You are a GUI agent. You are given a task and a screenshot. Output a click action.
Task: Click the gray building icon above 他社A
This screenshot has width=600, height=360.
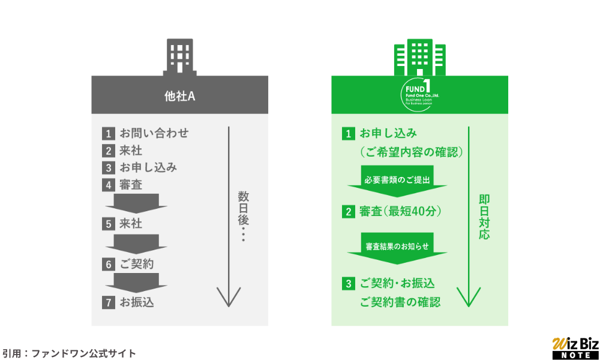[x=179, y=58]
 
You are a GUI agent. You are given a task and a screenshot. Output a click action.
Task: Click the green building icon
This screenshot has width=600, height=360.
[x=419, y=58]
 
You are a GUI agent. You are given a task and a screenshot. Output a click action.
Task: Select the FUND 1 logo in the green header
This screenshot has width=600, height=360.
[x=419, y=95]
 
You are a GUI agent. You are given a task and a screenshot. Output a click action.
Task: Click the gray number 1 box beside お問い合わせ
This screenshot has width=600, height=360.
[x=108, y=133]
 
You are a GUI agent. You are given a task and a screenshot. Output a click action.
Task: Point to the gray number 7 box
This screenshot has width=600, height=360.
[x=108, y=302]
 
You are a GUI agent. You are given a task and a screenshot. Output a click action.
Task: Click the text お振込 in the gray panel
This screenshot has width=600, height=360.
[x=137, y=302]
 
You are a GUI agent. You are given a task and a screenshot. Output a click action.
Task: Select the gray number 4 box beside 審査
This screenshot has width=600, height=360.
[x=108, y=185]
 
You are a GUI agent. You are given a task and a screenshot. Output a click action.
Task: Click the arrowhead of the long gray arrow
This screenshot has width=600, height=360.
[x=228, y=299]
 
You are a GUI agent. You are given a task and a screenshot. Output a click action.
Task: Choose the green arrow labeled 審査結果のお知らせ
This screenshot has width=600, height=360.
[x=397, y=250]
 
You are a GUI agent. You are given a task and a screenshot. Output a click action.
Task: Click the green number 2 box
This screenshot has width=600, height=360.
[x=348, y=211]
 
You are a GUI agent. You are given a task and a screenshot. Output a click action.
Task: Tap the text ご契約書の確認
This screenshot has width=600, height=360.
[x=400, y=302]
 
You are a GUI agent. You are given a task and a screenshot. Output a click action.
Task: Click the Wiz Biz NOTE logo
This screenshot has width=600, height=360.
[x=575, y=348]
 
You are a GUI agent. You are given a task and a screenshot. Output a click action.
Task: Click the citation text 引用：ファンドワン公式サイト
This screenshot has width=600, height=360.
[x=68, y=353]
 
